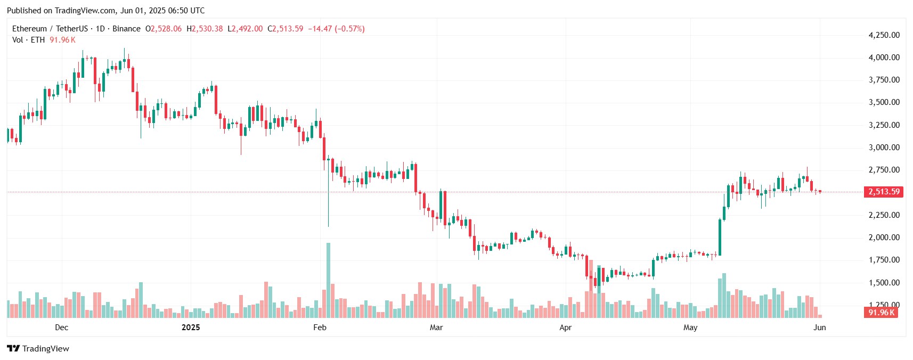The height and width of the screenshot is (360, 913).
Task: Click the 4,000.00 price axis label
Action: point(884,58)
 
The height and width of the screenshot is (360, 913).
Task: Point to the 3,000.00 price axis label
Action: point(884,148)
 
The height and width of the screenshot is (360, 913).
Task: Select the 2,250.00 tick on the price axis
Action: point(884,215)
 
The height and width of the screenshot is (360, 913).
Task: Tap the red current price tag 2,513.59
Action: point(883,192)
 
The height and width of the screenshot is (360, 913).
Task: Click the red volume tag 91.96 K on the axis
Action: point(881,313)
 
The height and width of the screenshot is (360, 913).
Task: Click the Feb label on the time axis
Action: point(320,328)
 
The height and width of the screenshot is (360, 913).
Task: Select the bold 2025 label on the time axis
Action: point(191,328)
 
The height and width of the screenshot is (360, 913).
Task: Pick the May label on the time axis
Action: point(690,328)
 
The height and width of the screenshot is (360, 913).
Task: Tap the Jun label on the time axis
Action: point(819,328)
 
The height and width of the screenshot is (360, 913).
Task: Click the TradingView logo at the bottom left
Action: point(38,349)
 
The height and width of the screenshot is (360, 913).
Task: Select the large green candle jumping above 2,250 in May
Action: point(720,238)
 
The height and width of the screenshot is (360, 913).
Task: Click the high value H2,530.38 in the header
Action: point(205,29)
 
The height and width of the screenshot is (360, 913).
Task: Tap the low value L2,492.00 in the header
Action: point(245,29)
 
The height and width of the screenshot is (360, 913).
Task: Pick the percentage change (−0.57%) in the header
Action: point(349,29)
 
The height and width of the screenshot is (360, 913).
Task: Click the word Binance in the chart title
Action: point(127,29)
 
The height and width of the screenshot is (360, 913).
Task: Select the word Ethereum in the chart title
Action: point(29,29)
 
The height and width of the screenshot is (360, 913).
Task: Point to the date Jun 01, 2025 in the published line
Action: point(141,11)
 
